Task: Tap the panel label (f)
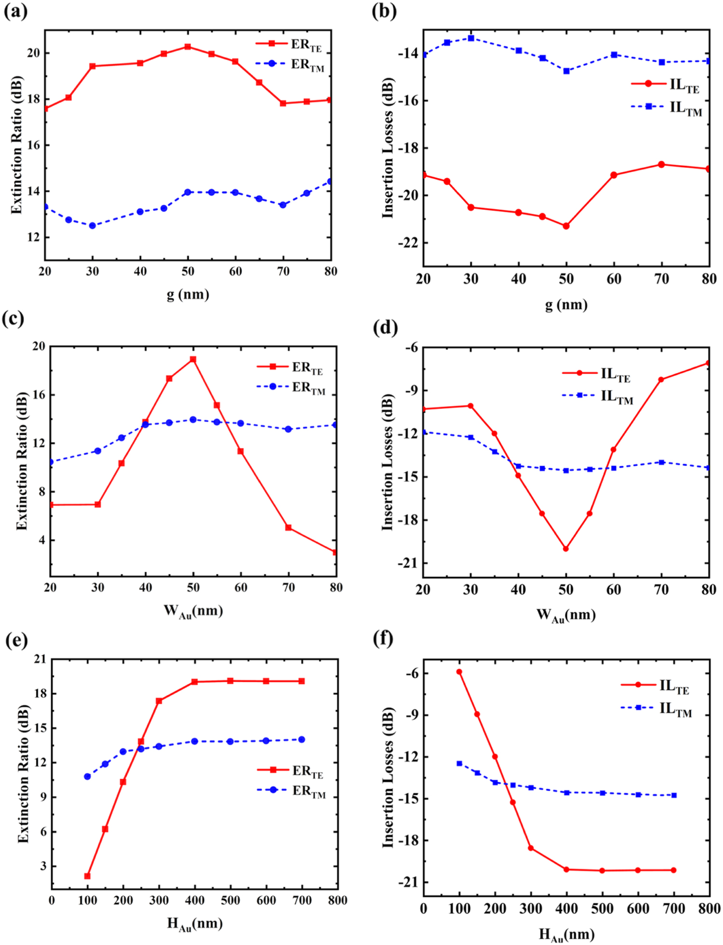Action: pos(384,638)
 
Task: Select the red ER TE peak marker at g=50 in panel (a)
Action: pos(188,47)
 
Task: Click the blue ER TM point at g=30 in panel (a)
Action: pos(93,226)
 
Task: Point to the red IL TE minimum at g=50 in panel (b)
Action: pos(566,226)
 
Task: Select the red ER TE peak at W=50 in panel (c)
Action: pos(193,359)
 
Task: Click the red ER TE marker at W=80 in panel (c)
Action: pos(335,552)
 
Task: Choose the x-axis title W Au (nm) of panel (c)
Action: pos(193,611)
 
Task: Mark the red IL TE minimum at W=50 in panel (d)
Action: pos(566,548)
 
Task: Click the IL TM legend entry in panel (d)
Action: pos(598,396)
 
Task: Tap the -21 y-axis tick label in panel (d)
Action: pos(406,563)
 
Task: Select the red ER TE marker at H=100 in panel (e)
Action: pos(87,876)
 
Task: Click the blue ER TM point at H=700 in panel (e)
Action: pos(302,739)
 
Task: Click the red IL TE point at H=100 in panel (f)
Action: pos(459,672)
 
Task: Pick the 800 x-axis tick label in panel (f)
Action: pos(709,909)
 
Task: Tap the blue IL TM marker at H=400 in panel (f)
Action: pos(567,792)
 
